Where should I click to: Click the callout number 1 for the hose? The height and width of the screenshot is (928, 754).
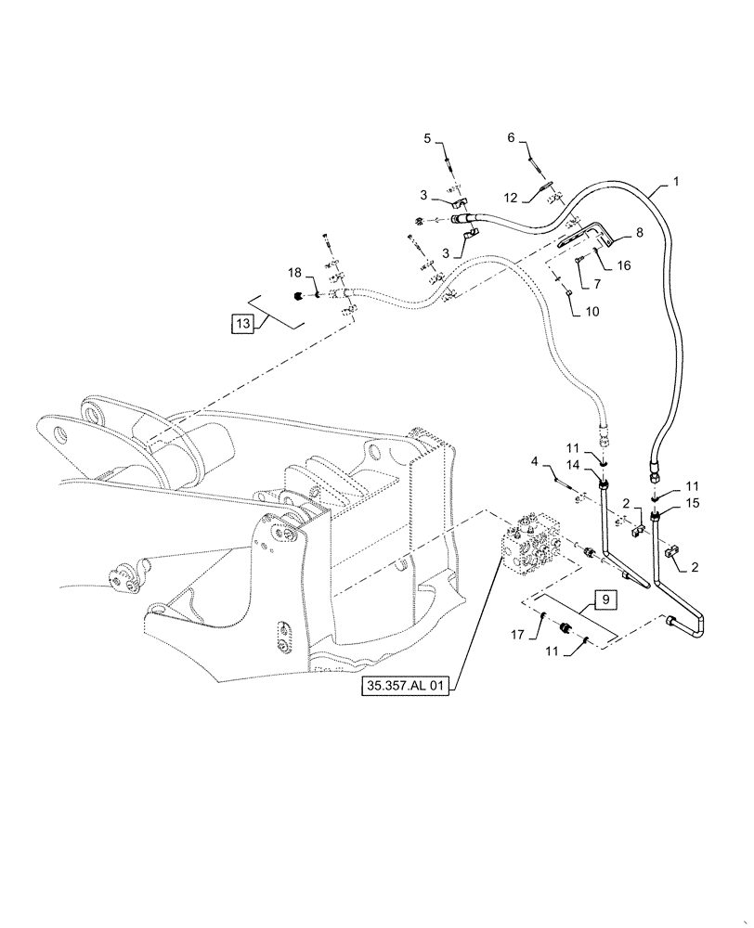tap(676, 182)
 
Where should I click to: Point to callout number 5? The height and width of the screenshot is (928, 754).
tap(428, 138)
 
